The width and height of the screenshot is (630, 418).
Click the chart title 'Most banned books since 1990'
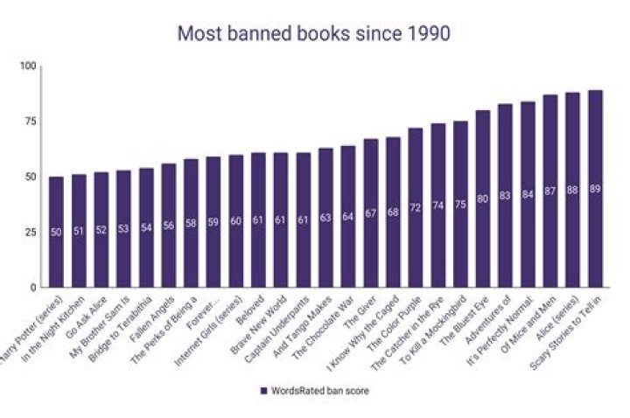(314, 34)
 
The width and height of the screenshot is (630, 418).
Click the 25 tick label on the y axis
(31, 233)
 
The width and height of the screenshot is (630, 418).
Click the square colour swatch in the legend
(263, 391)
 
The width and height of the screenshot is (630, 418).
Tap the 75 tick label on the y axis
(31, 122)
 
